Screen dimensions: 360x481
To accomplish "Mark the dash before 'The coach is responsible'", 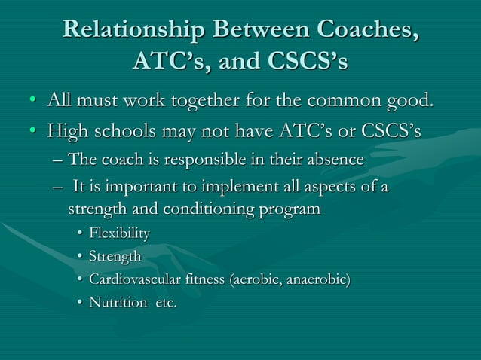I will (x=59, y=160).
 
